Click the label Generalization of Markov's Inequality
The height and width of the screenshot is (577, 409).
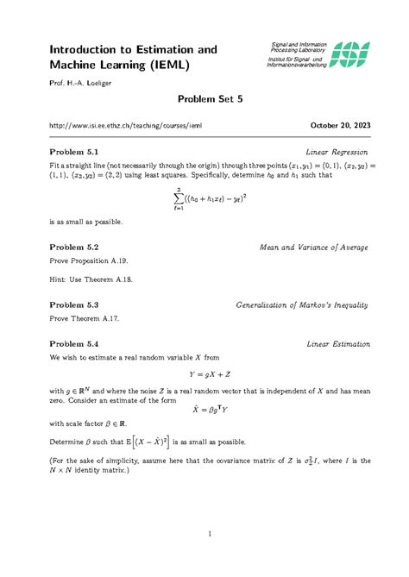[303, 305]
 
